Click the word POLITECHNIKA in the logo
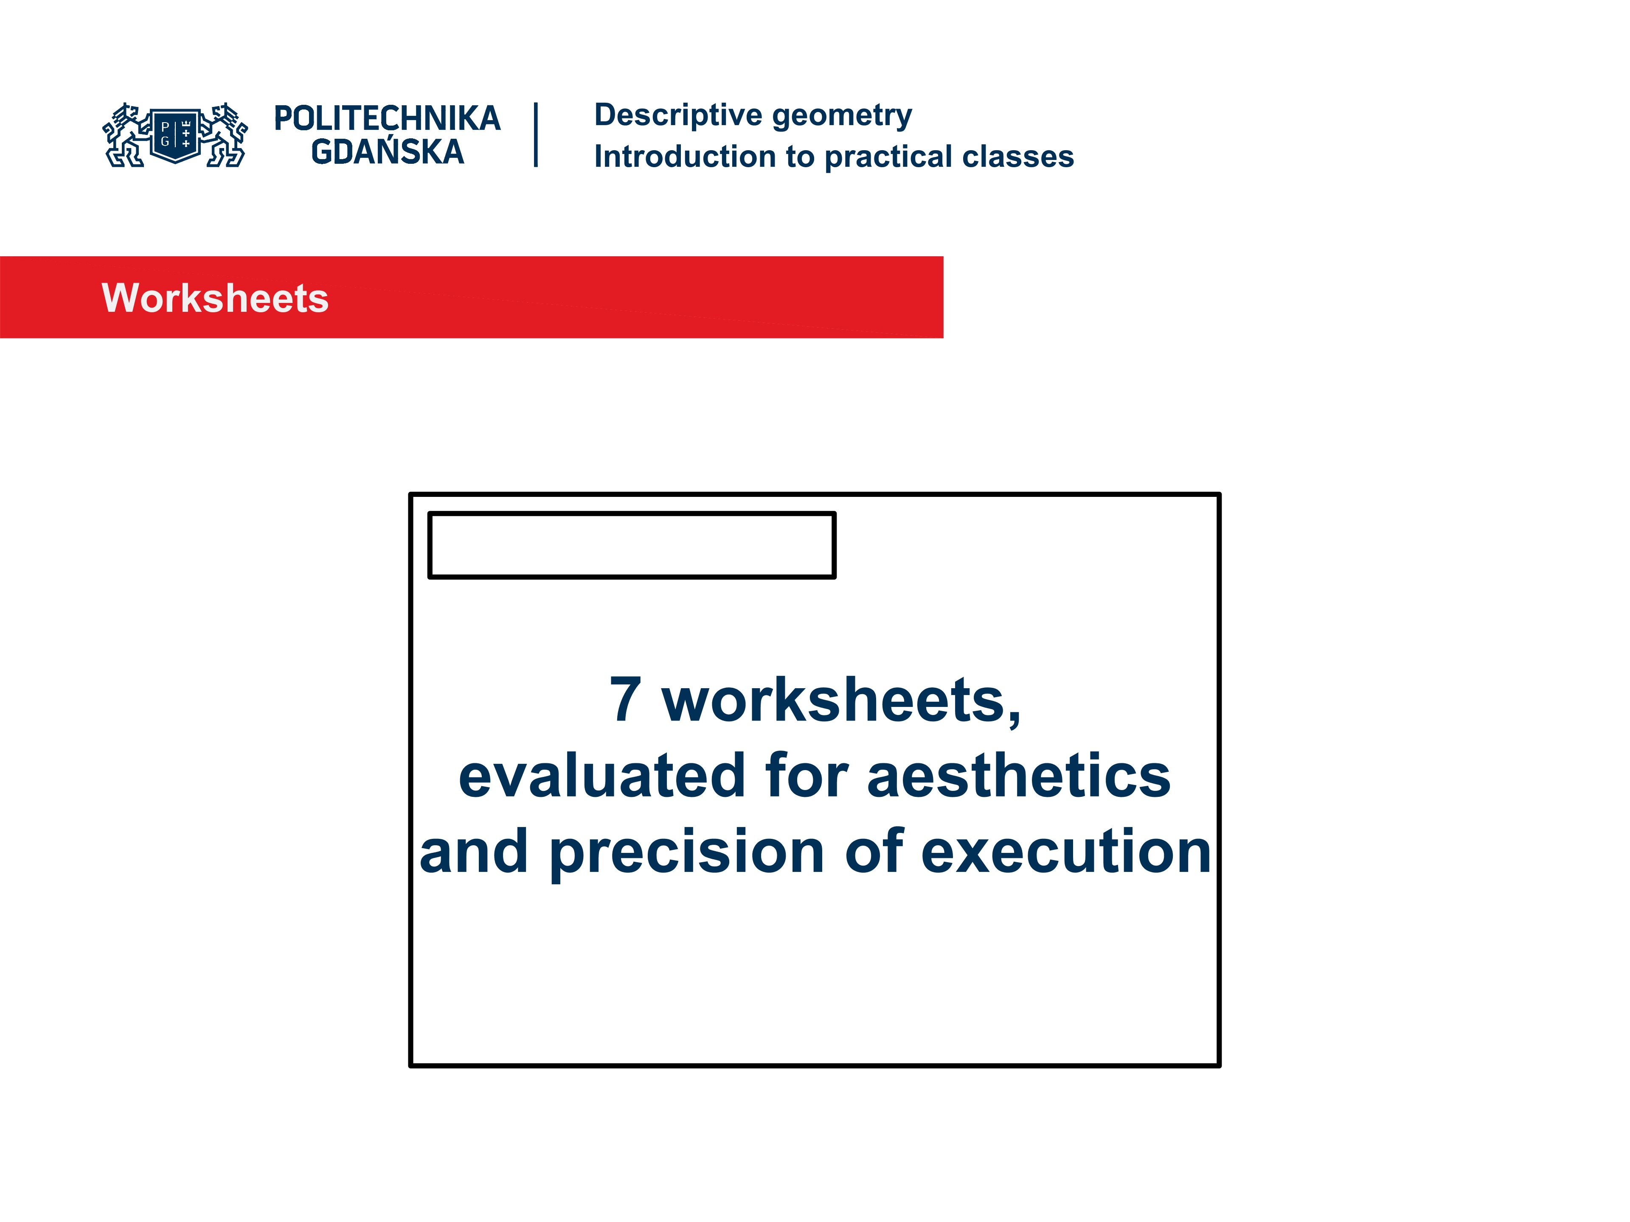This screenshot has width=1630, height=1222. tap(387, 118)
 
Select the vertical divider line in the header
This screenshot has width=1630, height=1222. tap(536, 135)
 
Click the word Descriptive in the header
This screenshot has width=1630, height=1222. tap(678, 116)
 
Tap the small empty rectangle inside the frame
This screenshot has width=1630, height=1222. tap(632, 545)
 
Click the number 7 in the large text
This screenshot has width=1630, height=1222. tap(625, 700)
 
